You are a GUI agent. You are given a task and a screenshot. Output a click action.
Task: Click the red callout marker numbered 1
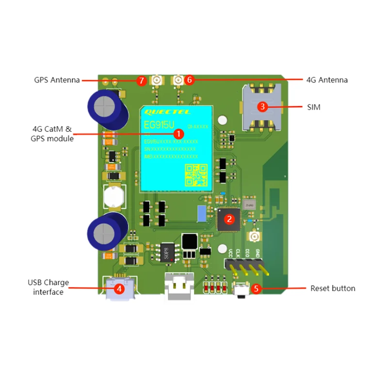[178, 133]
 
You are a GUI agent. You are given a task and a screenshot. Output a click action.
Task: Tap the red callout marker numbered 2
[230, 219]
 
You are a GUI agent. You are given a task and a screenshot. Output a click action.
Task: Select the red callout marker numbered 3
[262, 106]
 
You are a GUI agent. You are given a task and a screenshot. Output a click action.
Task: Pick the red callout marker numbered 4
[119, 288]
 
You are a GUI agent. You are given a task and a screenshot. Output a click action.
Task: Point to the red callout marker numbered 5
[257, 289]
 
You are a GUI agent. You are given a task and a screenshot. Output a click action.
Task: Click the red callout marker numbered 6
[190, 79]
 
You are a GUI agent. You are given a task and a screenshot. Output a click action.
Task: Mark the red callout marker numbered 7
[141, 81]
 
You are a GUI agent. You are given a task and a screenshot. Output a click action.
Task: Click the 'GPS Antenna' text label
[57, 80]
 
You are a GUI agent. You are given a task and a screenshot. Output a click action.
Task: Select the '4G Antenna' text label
[327, 80]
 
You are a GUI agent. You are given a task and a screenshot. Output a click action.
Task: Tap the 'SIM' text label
[314, 107]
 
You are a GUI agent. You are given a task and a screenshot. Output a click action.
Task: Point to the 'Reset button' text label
[333, 289]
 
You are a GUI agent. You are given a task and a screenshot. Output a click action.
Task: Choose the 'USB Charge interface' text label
[48, 287]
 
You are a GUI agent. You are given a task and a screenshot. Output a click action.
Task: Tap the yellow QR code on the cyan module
[195, 175]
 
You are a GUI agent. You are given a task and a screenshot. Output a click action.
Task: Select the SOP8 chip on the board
[168, 252]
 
